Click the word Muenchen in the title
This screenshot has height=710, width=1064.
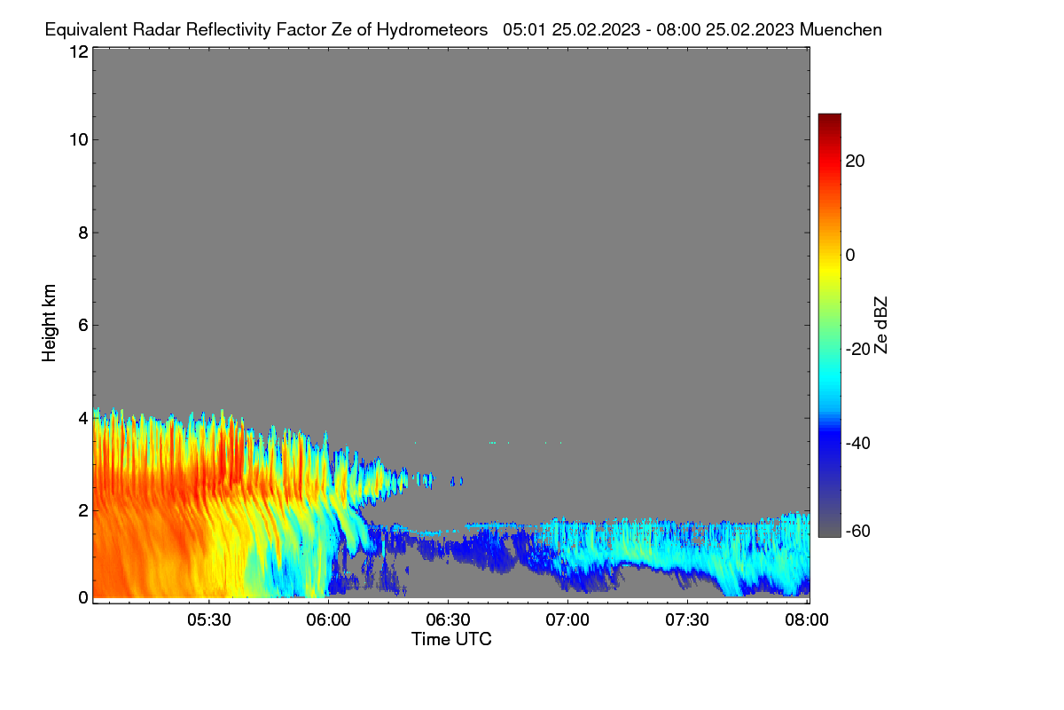841,30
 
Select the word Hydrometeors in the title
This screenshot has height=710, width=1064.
432,30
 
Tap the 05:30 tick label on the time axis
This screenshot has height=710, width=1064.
209,619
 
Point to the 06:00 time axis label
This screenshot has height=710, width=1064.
328,619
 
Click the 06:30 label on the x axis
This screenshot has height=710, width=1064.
448,619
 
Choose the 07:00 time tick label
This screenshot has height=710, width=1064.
567,619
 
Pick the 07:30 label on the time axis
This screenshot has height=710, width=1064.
687,619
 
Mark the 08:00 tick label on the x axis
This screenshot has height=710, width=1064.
807,619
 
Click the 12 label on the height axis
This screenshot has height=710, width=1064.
79,51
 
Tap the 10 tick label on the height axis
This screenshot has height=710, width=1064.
79,140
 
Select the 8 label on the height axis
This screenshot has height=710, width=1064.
83,233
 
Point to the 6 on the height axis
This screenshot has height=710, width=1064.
83,326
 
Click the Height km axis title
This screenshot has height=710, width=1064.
49,323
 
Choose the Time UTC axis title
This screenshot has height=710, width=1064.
451,639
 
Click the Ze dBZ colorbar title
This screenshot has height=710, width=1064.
880,326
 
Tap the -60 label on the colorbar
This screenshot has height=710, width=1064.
858,532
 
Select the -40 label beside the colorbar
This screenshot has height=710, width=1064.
858,443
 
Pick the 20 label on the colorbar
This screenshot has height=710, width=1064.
855,162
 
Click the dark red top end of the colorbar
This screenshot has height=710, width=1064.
829,116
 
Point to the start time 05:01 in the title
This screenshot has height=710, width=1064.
524,30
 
